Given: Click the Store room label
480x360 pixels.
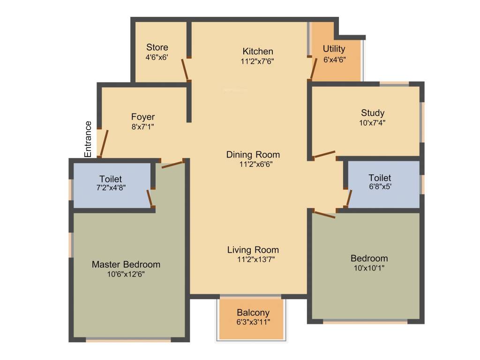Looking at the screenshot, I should tap(157, 47).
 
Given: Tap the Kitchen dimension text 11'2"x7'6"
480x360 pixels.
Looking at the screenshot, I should tap(257, 61).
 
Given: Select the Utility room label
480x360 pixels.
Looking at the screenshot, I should tap(334, 49).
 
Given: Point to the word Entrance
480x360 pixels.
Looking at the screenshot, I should tap(88, 139).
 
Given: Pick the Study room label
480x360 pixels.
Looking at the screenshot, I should tap(373, 112).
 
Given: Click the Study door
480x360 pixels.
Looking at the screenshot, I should tap(324, 155).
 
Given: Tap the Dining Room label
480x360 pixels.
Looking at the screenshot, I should tap(253, 154).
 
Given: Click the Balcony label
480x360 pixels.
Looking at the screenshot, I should tap(253, 313).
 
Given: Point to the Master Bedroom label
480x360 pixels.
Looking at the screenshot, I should tap(126, 264).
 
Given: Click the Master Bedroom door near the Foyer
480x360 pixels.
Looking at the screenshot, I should tap(172, 164).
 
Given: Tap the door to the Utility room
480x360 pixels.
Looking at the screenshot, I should tap(313, 68).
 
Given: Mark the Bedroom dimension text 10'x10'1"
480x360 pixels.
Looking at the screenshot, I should tap(369, 268).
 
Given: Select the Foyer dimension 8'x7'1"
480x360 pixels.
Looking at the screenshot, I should tap(142, 127).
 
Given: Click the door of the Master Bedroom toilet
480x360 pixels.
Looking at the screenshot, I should tap(150, 198).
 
